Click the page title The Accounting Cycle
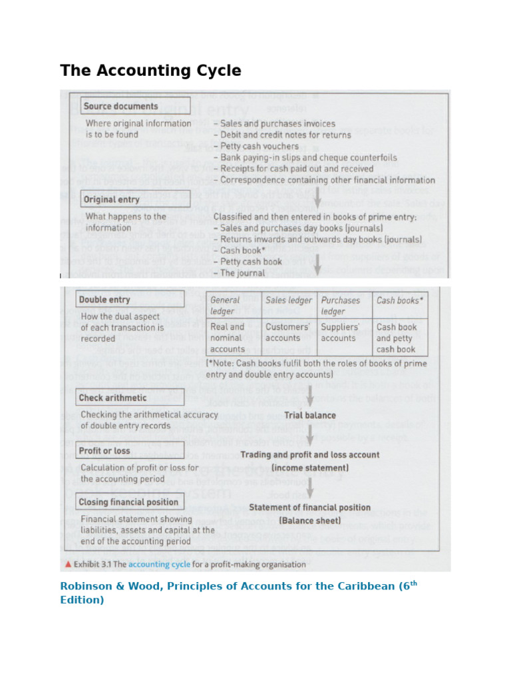pos(150,71)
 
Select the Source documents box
pos(135,106)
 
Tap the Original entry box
pos(135,199)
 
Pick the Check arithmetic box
pos(120,398)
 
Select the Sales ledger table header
pos(289,300)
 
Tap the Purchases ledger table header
pos(343,306)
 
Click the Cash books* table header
pos(399,300)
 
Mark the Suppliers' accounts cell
pos(343,332)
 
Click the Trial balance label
pos(310,415)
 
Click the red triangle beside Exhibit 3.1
pos(67,564)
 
